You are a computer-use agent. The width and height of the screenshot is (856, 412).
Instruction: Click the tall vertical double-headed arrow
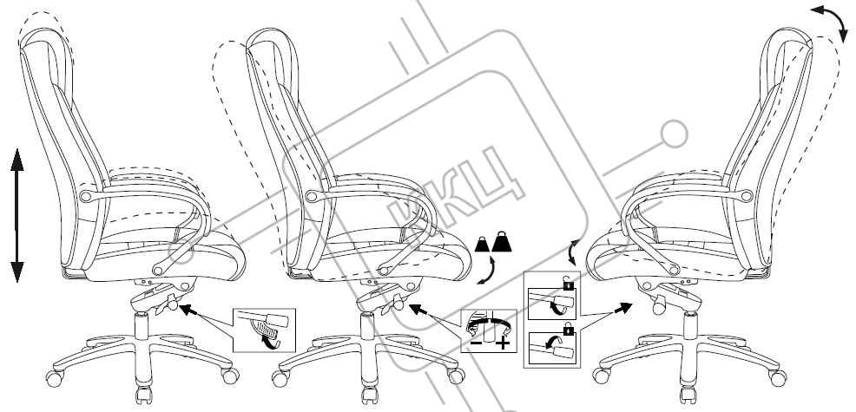[16, 215]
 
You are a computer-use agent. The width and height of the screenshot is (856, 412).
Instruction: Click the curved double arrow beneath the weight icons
[489, 270]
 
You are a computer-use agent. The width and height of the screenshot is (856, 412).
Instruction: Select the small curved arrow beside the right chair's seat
[571, 252]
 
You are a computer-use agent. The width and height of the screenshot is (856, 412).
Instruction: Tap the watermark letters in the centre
[457, 190]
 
